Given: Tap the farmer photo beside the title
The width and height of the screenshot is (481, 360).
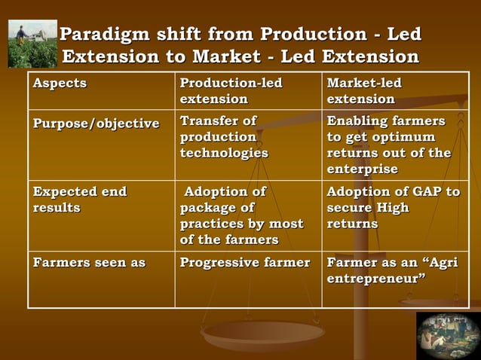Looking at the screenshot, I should coord(32,44).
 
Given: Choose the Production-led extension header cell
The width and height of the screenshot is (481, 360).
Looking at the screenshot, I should coord(231,90).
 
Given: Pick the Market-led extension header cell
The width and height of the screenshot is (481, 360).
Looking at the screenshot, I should coord(364,90).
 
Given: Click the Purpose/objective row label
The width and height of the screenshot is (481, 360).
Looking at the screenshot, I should coord(96,123).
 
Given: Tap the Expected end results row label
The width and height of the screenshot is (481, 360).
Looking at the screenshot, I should coord(79,200).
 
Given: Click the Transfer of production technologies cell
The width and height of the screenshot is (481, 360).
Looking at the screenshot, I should coord(224,136).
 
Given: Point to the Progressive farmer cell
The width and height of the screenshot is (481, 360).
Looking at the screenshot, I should coord(245,263).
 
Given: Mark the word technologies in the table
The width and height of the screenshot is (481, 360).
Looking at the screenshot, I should coord(224,153).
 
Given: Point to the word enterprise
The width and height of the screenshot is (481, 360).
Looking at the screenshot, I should coord(362,169).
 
